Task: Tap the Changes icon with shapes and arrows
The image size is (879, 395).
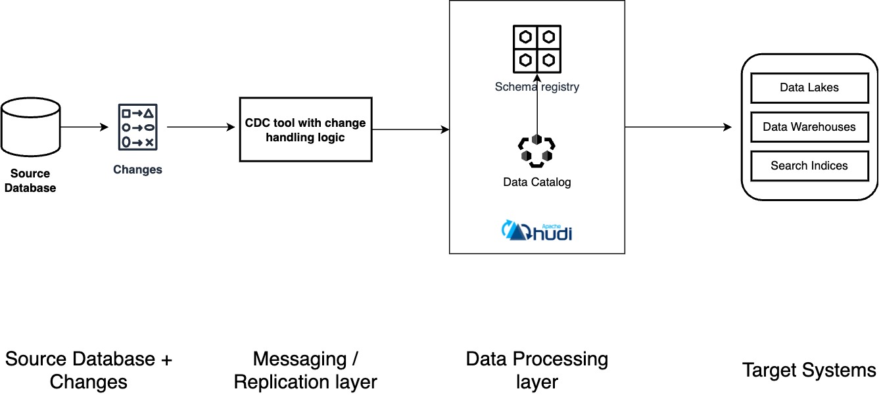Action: click(x=137, y=126)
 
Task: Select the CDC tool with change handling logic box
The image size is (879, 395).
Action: click(x=305, y=129)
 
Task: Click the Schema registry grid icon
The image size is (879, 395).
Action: click(x=536, y=49)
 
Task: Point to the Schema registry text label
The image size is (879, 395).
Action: click(x=536, y=86)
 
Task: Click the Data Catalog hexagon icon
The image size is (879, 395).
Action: click(x=536, y=151)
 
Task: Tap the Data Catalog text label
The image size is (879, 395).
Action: click(x=536, y=182)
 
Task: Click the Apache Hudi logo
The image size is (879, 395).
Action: click(x=536, y=230)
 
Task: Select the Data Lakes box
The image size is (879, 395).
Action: click(x=809, y=87)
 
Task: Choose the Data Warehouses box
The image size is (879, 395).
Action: click(x=809, y=127)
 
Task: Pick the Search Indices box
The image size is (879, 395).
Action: click(x=809, y=166)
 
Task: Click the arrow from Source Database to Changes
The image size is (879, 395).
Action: click(x=84, y=127)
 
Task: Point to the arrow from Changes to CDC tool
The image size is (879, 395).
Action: click(x=201, y=127)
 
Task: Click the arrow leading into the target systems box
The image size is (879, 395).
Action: click(x=677, y=127)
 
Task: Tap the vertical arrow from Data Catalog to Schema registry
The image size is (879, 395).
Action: click(x=536, y=108)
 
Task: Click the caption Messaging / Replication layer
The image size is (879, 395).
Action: click(x=305, y=370)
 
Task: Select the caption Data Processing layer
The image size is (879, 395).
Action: click(x=536, y=370)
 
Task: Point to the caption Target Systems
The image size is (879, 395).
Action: click(x=809, y=370)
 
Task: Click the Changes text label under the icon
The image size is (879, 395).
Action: click(x=137, y=170)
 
